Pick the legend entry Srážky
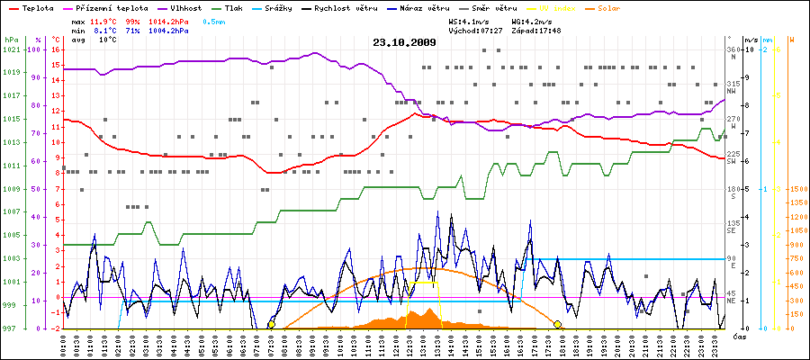[x=293, y=7]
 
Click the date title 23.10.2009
[x=404, y=41]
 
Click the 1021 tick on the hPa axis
[x=11, y=49]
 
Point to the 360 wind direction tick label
[x=733, y=49]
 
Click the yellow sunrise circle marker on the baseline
[x=271, y=324]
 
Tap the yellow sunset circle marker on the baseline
[x=557, y=324]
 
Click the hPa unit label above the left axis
[x=11, y=40]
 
